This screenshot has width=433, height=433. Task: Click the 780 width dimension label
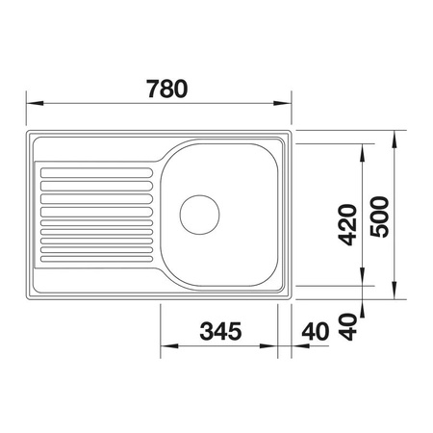coord(167,89)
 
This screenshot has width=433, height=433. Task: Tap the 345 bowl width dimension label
coord(220,331)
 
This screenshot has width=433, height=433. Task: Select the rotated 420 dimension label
coord(348,224)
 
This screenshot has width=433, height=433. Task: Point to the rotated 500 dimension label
coord(379,216)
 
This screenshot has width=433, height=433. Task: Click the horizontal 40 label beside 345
coord(316,332)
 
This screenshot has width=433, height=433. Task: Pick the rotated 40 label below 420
coord(348,327)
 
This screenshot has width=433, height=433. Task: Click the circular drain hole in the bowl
coord(199,215)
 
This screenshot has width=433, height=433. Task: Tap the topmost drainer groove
coord(96,173)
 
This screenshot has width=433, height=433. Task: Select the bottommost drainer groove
coord(96,259)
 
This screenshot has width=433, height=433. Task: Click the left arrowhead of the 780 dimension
coord(35,103)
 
